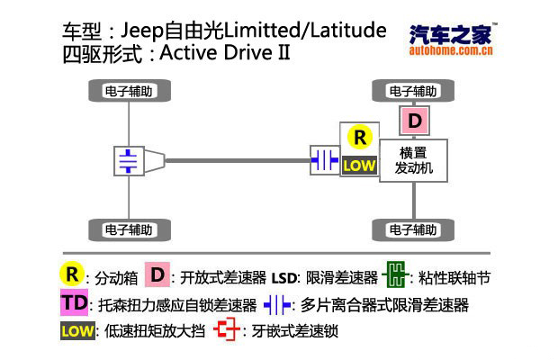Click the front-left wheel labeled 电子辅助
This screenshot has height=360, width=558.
pos(130,91)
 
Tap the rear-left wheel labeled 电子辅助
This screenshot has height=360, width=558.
pos(130,229)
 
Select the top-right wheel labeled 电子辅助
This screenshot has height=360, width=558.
pos(413,91)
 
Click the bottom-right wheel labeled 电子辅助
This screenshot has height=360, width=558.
pos(413,229)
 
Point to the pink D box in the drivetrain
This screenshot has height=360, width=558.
pos(414,121)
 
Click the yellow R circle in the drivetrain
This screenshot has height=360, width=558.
pos(359,138)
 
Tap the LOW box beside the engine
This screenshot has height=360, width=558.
pos(359,166)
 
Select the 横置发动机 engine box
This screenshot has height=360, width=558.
pos(413,160)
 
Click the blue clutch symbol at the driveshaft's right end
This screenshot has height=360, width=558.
pos(325,160)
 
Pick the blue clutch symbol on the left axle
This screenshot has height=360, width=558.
pos(129,161)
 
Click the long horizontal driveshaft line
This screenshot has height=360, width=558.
pos(238,161)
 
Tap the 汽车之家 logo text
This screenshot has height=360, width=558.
pos(451,34)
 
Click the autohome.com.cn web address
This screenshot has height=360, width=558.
pos(451,50)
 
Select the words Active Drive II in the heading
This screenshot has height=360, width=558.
pos(225,52)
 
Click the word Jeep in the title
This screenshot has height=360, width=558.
pos(141,31)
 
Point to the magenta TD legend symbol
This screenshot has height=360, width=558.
pos(74,302)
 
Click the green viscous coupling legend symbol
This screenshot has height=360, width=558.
pos(395,275)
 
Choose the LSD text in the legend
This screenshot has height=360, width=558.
pos(283,278)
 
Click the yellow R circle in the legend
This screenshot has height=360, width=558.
pos(72,274)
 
